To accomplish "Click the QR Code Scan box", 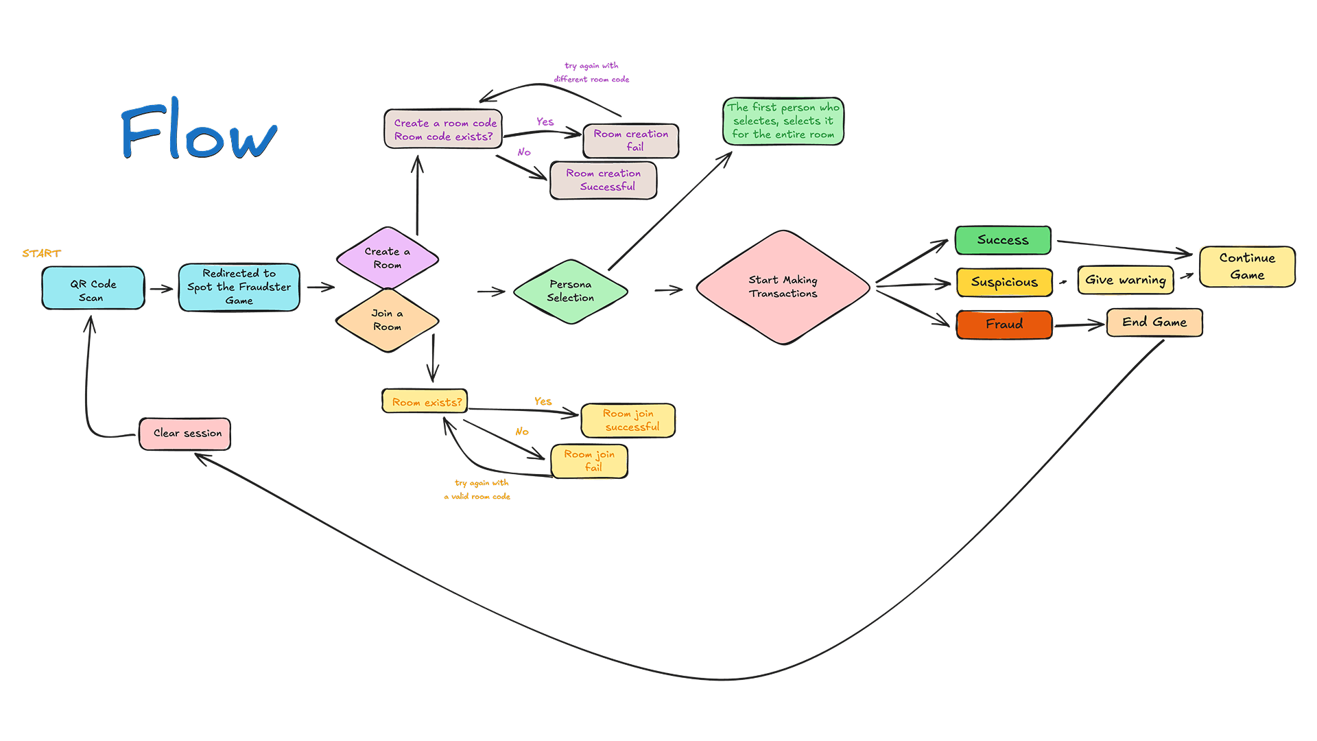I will point(93,289).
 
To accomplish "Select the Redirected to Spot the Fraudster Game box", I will point(239,287).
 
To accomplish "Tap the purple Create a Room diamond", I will point(388,258).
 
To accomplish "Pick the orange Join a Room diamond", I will point(388,320).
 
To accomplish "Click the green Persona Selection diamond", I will point(571,291).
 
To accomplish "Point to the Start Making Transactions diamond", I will point(783,287).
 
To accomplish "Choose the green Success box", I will point(1003,240).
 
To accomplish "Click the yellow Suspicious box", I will point(1004,282).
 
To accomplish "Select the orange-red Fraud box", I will point(1004,324).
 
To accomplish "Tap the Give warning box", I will point(1125,280).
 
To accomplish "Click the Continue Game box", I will point(1247,266).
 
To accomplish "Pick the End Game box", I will point(1154,322).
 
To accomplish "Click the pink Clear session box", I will point(185,434).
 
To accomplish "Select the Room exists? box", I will point(425,401).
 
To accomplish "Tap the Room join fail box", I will point(589,460).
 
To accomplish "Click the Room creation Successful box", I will point(604,180).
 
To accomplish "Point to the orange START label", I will point(41,253).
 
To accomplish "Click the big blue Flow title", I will point(199,130).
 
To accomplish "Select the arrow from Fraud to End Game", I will point(1079,325).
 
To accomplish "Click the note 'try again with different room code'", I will point(591,73).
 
